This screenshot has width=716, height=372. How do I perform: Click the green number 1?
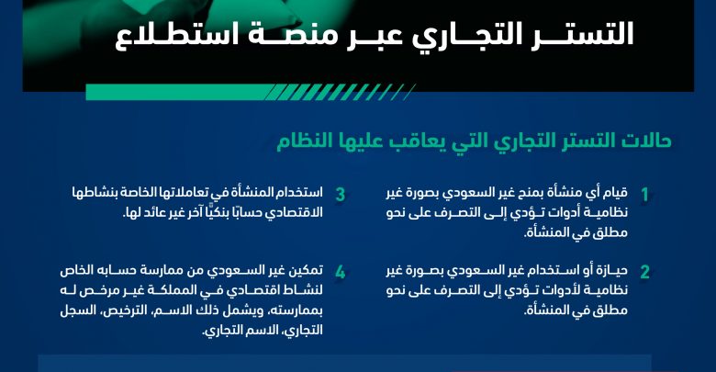(644, 195)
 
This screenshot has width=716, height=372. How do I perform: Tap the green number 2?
(644, 273)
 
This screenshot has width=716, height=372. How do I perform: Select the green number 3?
(341, 195)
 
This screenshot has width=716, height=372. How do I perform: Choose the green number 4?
(341, 273)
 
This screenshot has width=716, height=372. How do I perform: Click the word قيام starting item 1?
(615, 192)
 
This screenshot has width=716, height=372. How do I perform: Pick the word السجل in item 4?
(76, 310)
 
